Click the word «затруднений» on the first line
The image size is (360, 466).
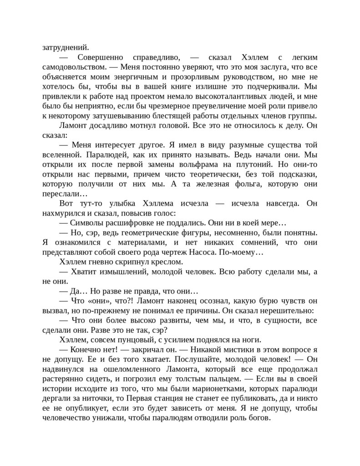[x=66, y=47]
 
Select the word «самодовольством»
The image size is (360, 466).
[x=73, y=66]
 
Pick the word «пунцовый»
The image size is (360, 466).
[x=139, y=340]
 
